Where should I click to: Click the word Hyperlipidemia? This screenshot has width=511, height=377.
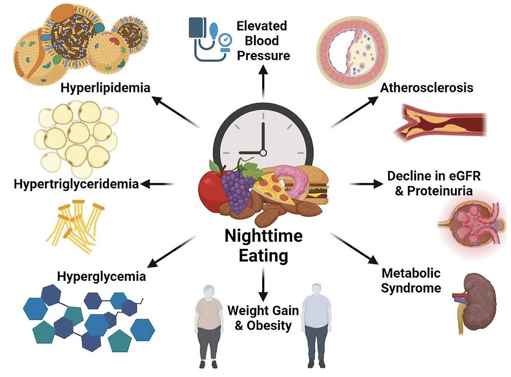pos(106,88)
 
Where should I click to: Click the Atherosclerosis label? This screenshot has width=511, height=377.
pos(427,87)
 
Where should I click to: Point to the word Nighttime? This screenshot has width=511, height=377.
pos(263,237)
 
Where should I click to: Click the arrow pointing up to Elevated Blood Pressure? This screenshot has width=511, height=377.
pos(263,82)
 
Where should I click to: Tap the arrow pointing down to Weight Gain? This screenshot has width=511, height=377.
pos(263,286)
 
